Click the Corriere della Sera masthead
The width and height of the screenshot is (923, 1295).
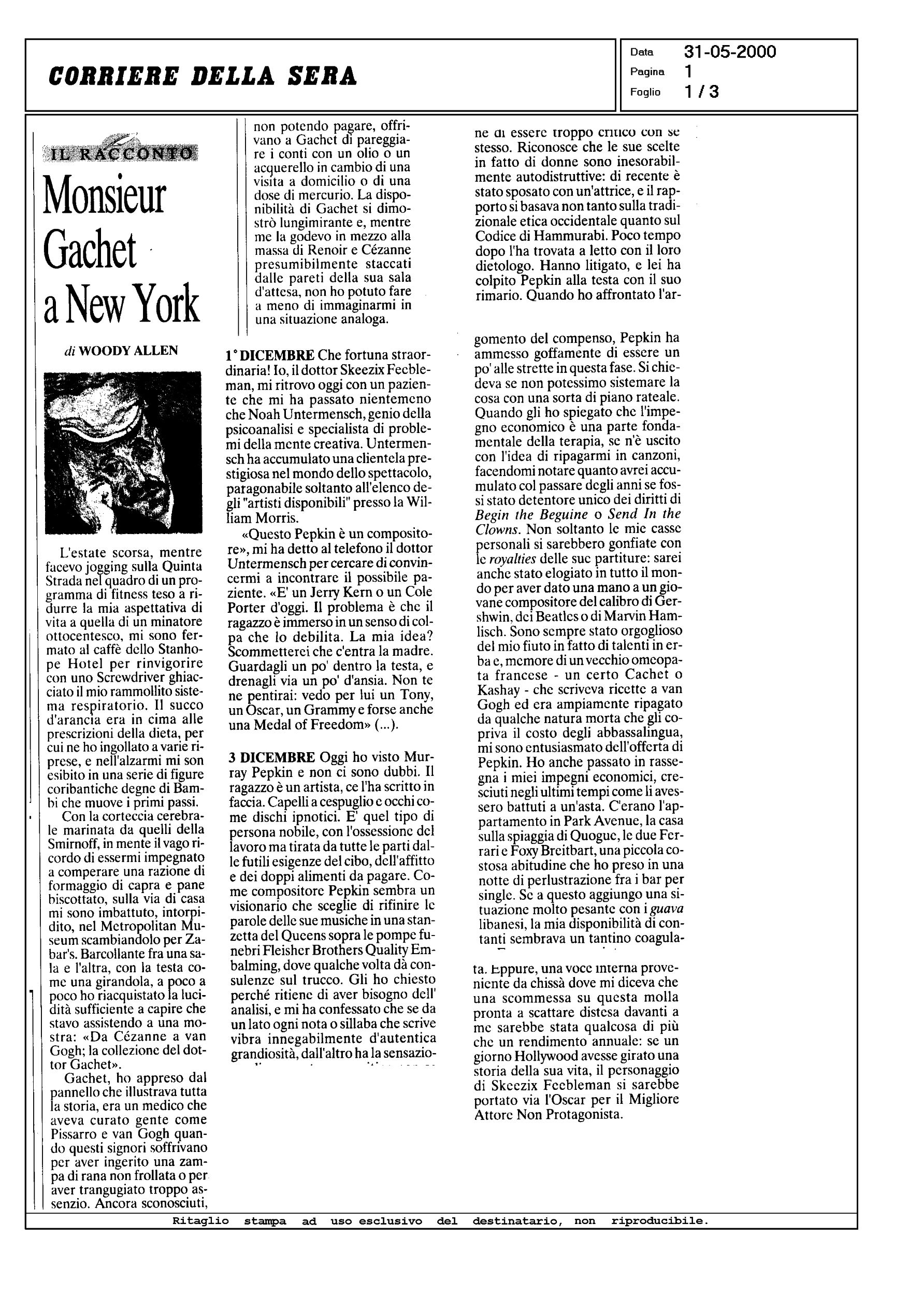(203, 76)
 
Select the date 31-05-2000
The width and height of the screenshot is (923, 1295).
(730, 52)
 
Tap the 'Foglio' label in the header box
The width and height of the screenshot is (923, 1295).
(645, 92)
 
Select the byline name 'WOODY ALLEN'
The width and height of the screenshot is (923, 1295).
(128, 351)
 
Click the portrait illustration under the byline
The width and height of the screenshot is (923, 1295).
(123, 453)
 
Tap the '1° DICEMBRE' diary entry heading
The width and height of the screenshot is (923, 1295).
(270, 356)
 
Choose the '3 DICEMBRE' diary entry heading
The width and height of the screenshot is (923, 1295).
(272, 757)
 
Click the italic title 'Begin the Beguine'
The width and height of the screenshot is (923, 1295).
(531, 514)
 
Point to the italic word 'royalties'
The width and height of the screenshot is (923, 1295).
(513, 558)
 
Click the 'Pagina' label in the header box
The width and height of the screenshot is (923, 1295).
(647, 72)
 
